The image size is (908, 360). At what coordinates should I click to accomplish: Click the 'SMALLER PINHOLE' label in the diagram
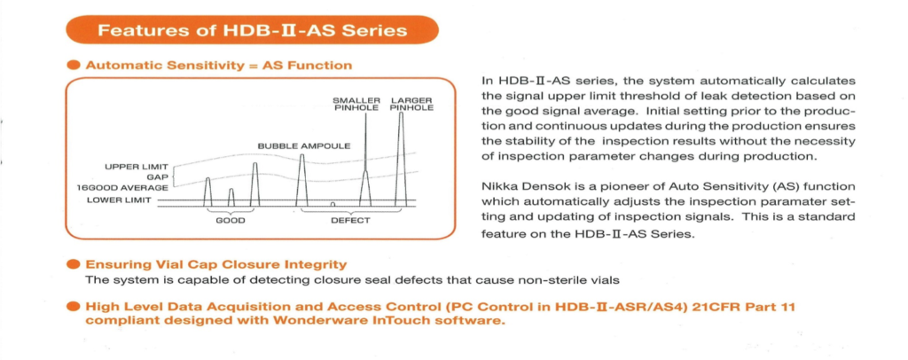tap(357, 105)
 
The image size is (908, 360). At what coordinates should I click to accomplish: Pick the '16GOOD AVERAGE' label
tap(123, 188)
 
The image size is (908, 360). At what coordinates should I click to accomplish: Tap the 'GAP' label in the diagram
tap(158, 176)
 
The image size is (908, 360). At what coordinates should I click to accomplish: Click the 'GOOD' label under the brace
tap(231, 221)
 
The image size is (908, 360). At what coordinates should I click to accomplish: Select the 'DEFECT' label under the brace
tap(349, 221)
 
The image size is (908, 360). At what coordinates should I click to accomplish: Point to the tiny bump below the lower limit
tap(333, 204)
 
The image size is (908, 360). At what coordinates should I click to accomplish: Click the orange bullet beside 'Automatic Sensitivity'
tap(74, 66)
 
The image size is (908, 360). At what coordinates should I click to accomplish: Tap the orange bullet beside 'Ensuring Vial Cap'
tap(74, 265)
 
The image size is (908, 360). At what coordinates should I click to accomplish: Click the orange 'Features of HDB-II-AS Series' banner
tap(253, 31)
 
